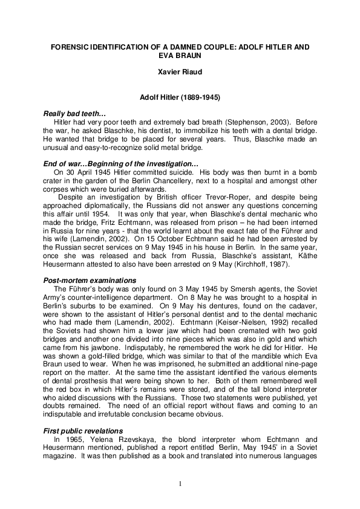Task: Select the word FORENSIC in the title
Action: click(x=68, y=46)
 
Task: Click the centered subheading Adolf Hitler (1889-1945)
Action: click(x=179, y=97)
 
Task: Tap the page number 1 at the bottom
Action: click(x=180, y=484)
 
